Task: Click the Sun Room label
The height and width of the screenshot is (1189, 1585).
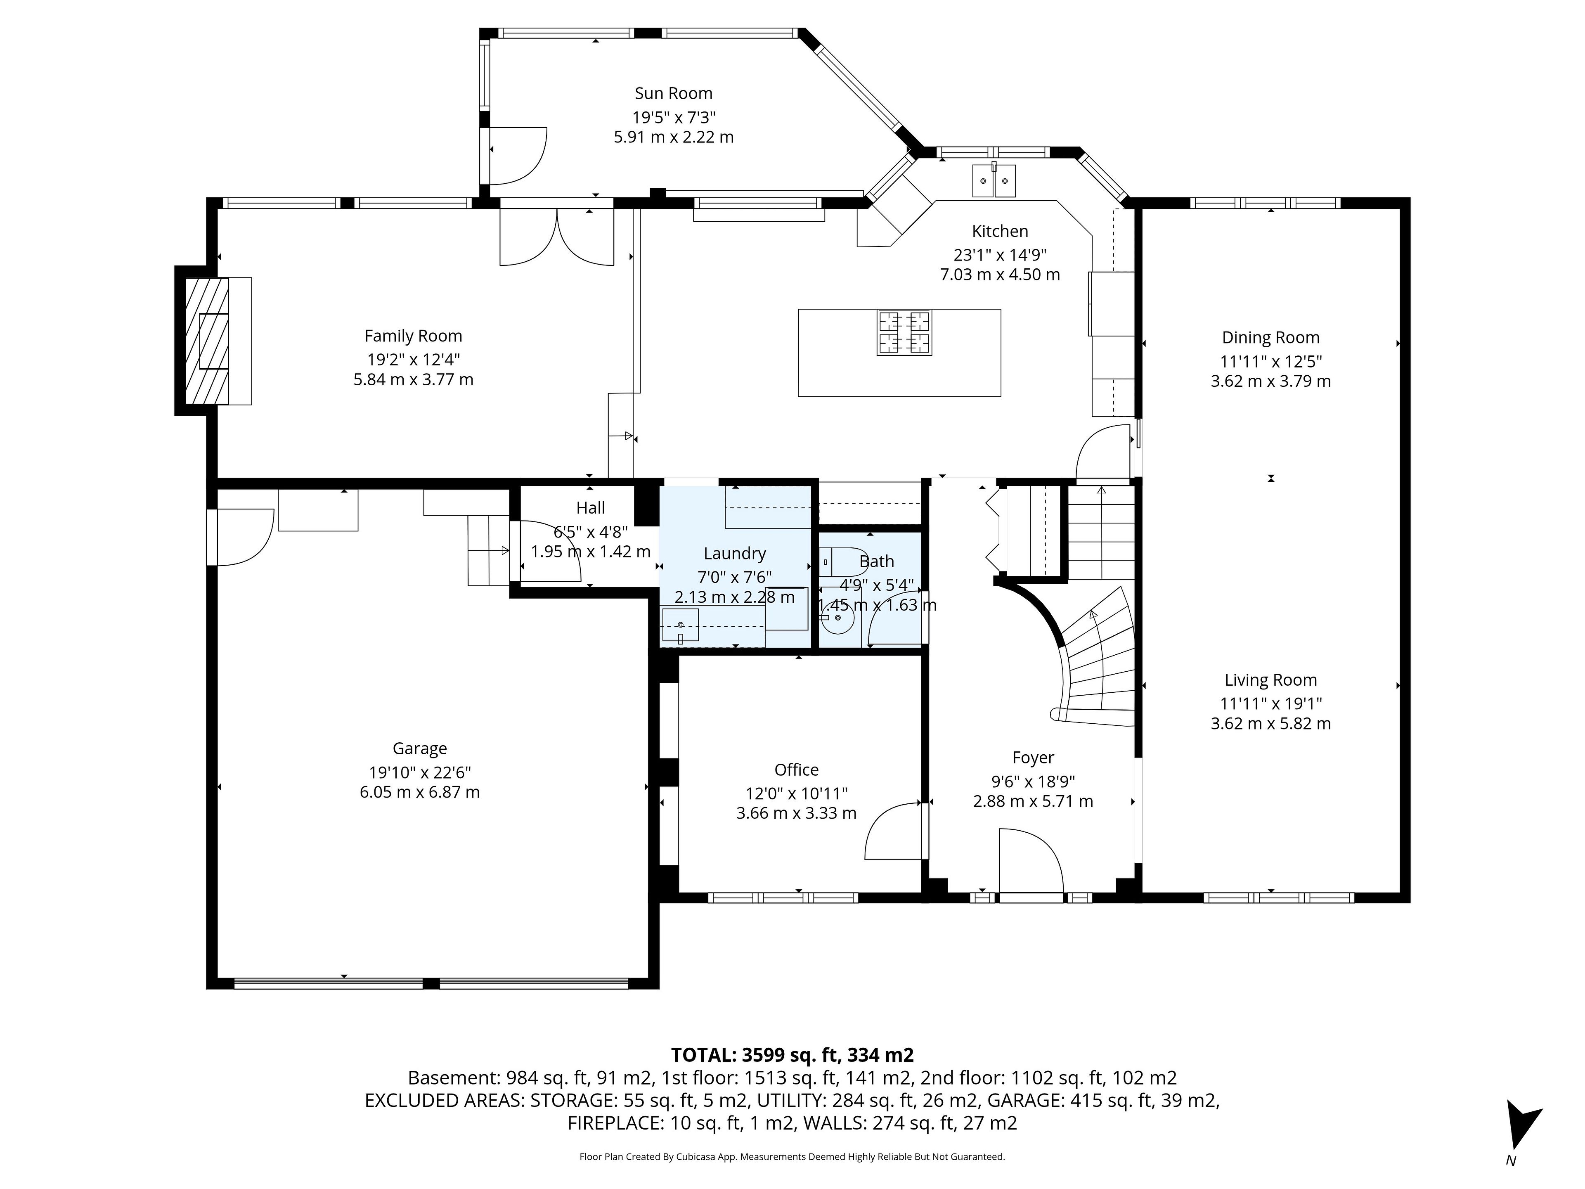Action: click(x=674, y=93)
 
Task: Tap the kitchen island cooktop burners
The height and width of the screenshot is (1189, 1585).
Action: click(x=904, y=332)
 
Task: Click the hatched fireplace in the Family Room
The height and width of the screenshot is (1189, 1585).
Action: click(x=207, y=341)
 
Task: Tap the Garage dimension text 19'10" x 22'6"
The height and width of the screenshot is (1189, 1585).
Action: click(x=420, y=772)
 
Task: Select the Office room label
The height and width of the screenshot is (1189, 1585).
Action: click(x=796, y=769)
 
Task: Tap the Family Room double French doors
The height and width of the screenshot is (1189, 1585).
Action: click(x=557, y=237)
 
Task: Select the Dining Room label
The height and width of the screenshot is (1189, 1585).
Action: click(x=1270, y=338)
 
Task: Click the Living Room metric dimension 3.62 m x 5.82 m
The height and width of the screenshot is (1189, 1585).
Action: click(x=1270, y=723)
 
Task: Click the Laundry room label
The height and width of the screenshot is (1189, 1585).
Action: click(x=734, y=553)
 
